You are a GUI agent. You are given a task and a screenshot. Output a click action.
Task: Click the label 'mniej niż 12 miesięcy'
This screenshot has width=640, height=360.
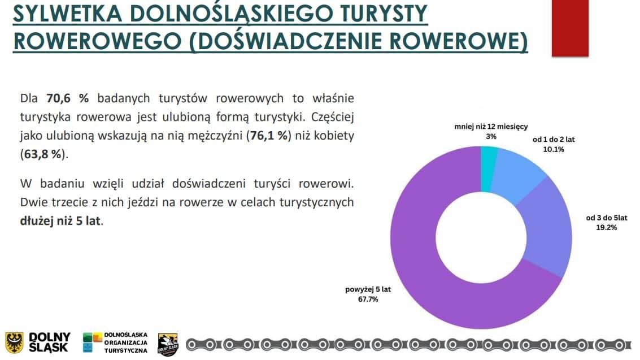coord(491,127)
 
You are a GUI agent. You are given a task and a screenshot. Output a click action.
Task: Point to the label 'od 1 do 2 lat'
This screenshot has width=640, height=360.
coord(554,140)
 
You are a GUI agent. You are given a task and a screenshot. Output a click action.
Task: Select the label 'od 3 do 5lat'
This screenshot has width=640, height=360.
coord(607,218)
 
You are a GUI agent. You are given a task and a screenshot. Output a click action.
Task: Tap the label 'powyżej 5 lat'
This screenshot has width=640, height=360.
coord(368,289)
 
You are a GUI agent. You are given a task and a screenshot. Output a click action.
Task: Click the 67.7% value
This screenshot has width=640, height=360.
coord(368,299)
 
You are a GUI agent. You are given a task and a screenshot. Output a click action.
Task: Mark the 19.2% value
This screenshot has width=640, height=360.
coord(607,227)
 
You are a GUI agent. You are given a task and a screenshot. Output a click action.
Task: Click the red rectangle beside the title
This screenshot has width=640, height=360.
coord(570,28)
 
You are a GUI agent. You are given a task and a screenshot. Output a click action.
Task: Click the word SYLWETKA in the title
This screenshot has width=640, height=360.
coord(68,14)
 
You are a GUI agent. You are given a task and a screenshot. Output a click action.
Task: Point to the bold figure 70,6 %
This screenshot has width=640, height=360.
coord(67,98)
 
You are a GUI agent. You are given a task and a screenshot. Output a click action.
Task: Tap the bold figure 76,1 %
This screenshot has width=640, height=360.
coord(269,136)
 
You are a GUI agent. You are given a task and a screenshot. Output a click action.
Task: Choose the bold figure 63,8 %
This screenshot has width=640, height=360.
coord(43,154)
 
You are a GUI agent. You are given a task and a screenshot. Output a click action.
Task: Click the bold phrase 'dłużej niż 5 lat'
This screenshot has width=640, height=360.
coord(60,221)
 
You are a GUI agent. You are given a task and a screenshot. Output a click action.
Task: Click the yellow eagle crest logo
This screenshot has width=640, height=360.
coord(14,342)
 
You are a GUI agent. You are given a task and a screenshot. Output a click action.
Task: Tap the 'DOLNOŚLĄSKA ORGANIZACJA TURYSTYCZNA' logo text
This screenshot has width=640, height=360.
coord(126,342)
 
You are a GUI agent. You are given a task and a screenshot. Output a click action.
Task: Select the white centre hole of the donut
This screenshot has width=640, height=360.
coord(481,237)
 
